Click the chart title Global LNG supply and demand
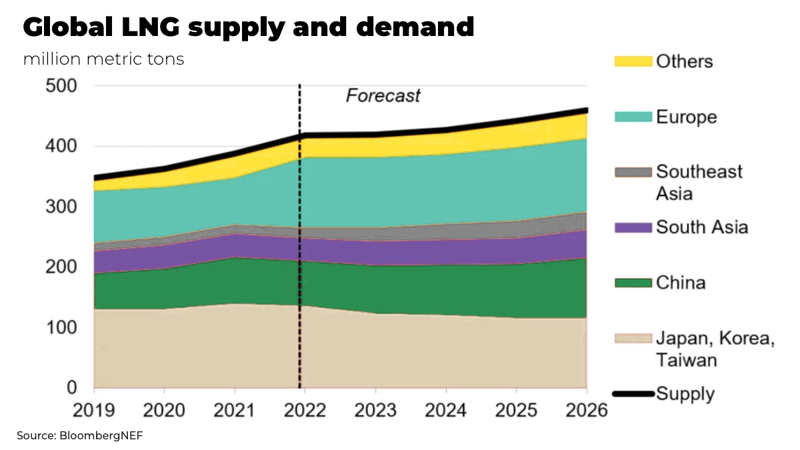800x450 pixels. click(249, 27)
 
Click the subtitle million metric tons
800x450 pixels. click(103, 59)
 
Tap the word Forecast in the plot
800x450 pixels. click(383, 96)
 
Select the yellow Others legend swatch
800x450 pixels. click(632, 61)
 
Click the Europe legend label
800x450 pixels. click(687, 117)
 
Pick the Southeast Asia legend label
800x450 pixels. click(699, 182)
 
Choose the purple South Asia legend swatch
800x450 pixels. click(632, 227)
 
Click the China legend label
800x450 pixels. click(681, 283)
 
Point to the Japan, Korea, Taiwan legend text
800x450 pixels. click(715, 349)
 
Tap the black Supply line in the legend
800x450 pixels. click(632, 394)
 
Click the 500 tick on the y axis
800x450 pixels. click(61, 86)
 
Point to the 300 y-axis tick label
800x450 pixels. click(61, 207)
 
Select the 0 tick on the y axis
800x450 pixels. click(71, 388)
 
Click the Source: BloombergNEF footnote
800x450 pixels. click(80, 436)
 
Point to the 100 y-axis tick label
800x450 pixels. click(61, 328)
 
